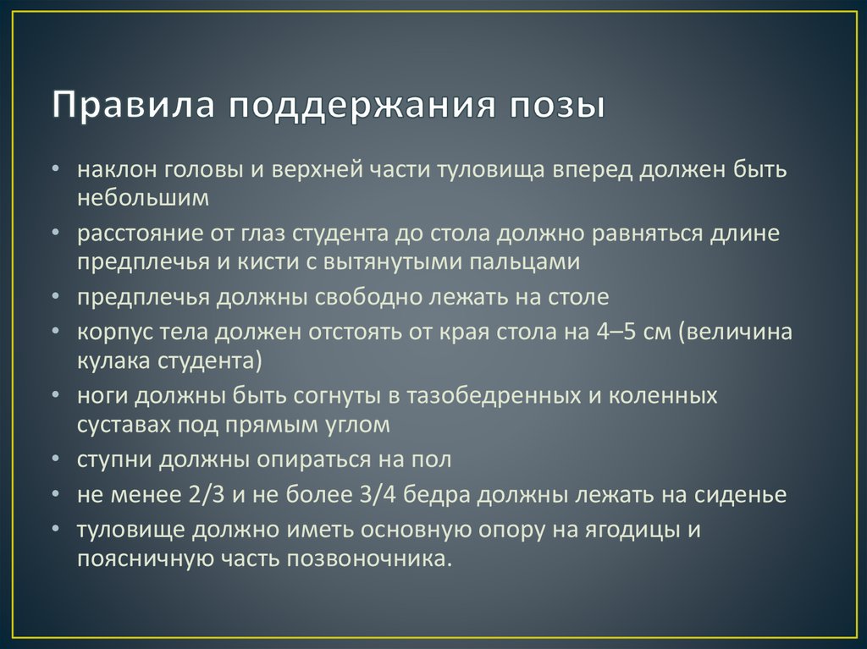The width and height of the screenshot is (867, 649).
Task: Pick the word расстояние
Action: (130, 234)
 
